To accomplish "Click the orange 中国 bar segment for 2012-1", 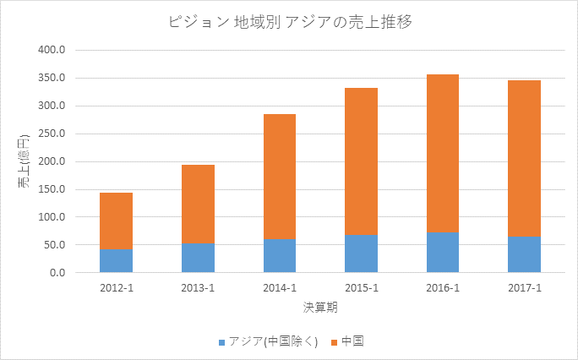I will pyautogui.click(x=116, y=221).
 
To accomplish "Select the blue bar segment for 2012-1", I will pyautogui.click(x=116, y=261).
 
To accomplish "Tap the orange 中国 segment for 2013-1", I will pyautogui.click(x=198, y=204).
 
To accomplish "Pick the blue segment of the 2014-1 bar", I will pyautogui.click(x=280, y=256).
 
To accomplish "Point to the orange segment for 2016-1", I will pyautogui.click(x=443, y=153).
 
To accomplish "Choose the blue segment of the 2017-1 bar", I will pyautogui.click(x=525, y=254).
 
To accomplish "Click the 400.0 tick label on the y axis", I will pyautogui.click(x=52, y=50).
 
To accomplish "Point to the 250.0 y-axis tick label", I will pyautogui.click(x=52, y=134).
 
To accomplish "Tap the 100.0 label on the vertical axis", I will pyautogui.click(x=52, y=217).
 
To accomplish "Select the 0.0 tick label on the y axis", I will pyautogui.click(x=57, y=273).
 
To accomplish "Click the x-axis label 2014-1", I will pyautogui.click(x=280, y=288).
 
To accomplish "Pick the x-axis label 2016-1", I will pyautogui.click(x=443, y=288).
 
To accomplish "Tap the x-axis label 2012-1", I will pyautogui.click(x=116, y=288).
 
